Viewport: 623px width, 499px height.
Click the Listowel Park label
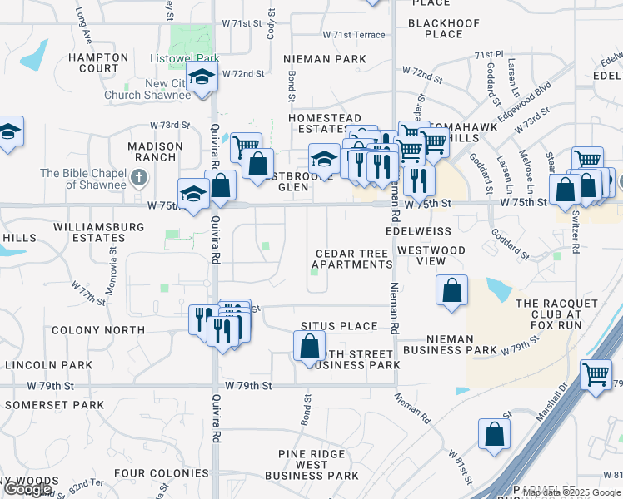pyautogui.click(x=184, y=59)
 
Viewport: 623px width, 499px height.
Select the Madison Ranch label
pyautogui.click(x=155, y=151)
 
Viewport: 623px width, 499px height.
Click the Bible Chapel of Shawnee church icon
pyautogui.click(x=139, y=176)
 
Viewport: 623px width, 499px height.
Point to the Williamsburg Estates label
pyautogui.click(x=88, y=231)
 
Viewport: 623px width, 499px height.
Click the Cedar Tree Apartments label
pyautogui.click(x=353, y=259)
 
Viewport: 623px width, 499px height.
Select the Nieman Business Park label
pyautogui.click(x=450, y=344)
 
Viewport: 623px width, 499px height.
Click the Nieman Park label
pyautogui.click(x=325, y=59)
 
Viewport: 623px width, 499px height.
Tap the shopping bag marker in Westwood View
pyautogui.click(x=451, y=291)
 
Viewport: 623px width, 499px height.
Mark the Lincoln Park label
pyautogui.click(x=48, y=365)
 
